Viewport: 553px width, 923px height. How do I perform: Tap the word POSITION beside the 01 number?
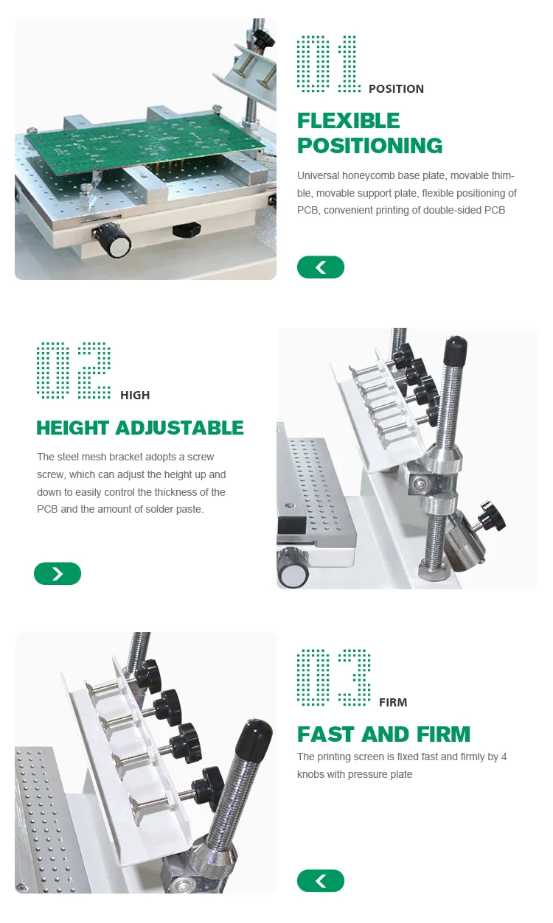pyautogui.click(x=396, y=89)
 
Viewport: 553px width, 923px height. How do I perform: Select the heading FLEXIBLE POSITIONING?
pyautogui.click(x=369, y=133)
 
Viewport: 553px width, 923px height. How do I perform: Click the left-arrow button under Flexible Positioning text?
pyautogui.click(x=321, y=267)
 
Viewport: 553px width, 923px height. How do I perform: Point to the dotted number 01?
pyautogui.click(x=327, y=63)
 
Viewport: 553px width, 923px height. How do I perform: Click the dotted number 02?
pyautogui.click(x=74, y=370)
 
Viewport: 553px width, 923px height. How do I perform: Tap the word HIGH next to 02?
pyautogui.click(x=135, y=396)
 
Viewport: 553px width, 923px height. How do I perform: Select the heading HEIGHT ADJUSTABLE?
pyautogui.click(x=140, y=428)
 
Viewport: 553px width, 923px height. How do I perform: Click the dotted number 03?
pyautogui.click(x=333, y=677)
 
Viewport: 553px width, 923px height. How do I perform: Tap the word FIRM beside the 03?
pyautogui.click(x=393, y=703)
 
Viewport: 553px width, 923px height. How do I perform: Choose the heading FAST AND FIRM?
pyautogui.click(x=383, y=734)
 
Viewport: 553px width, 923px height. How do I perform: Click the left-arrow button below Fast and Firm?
pyautogui.click(x=321, y=881)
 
